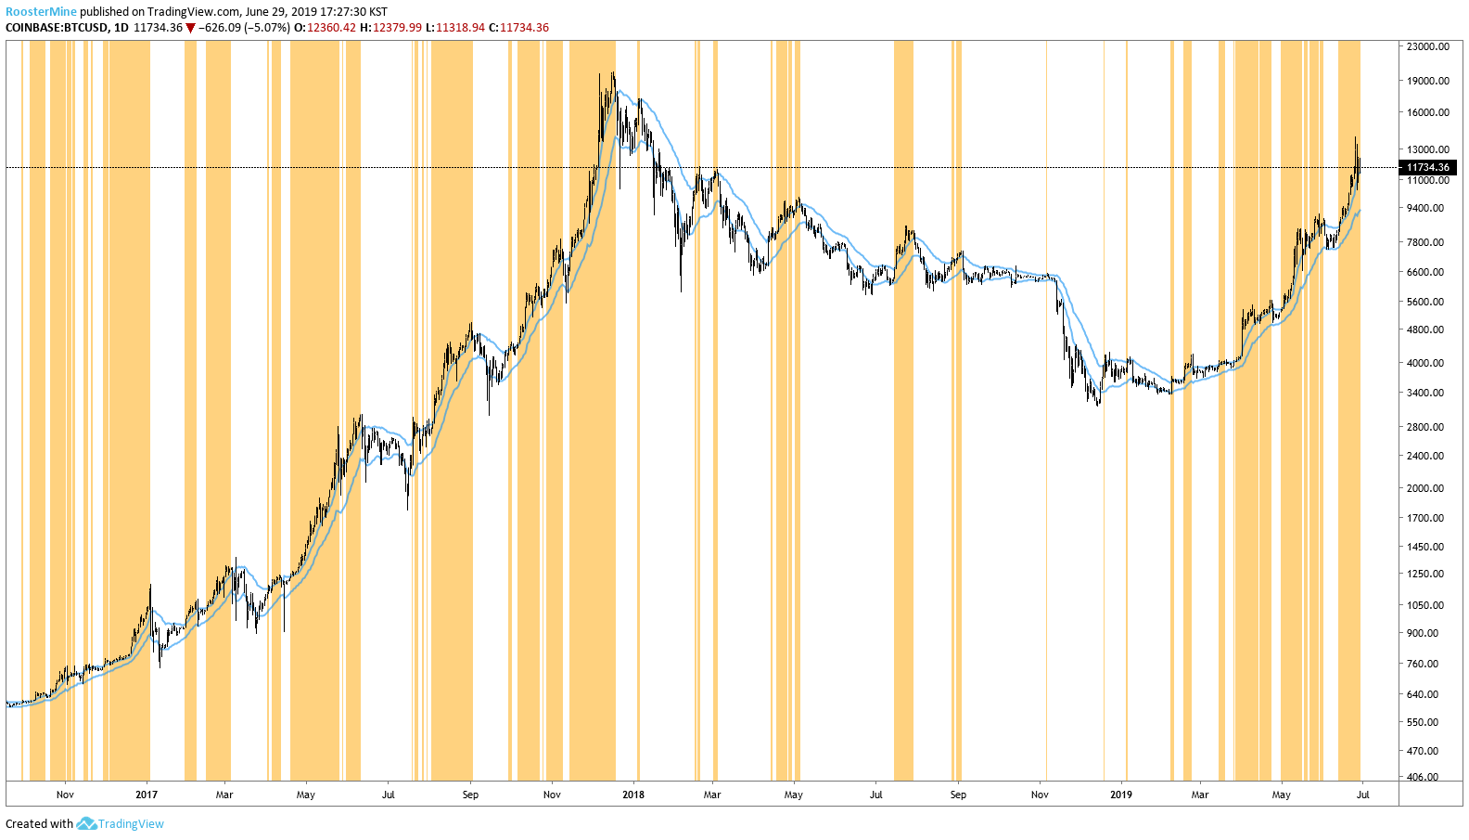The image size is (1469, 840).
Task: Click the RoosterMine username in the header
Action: (x=41, y=12)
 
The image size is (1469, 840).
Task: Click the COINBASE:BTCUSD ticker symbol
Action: (x=56, y=28)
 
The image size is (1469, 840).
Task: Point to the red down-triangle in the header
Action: (x=190, y=28)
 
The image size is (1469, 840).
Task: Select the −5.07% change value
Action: (x=268, y=28)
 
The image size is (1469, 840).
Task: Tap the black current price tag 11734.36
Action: (x=1427, y=168)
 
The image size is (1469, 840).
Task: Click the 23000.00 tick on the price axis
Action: (x=1427, y=46)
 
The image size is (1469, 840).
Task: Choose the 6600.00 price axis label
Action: (x=1425, y=272)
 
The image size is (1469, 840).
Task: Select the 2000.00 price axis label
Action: (x=1425, y=488)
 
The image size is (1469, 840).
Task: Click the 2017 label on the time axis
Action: (x=147, y=795)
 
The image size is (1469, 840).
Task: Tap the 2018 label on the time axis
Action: (x=633, y=795)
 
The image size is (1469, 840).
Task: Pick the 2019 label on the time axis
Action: (x=1121, y=795)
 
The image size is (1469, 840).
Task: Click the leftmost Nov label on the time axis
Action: (x=65, y=795)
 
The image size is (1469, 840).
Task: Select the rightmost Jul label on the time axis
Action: (x=1362, y=795)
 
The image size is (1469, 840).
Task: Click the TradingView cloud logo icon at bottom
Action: (x=86, y=823)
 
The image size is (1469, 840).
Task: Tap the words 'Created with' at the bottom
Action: (x=39, y=824)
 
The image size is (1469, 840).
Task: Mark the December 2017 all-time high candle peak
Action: (x=613, y=73)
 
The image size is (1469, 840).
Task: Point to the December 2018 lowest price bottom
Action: (x=1098, y=406)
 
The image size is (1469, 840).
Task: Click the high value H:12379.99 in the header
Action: (x=390, y=28)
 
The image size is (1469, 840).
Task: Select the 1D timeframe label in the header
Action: (x=121, y=28)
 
